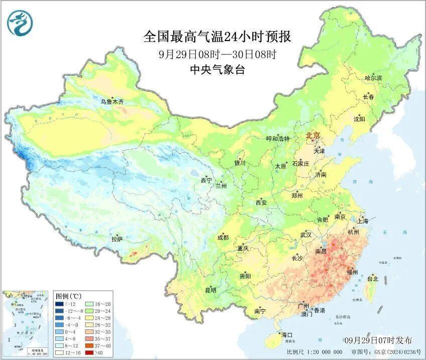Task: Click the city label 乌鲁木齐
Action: tap(111, 102)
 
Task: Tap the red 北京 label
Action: tap(313, 136)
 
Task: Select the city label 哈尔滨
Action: tap(373, 78)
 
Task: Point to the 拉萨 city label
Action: tap(117, 239)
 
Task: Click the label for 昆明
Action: tap(211, 290)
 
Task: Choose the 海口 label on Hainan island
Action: tap(287, 334)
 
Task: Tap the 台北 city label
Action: tap(373, 279)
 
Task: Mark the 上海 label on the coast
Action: tap(362, 221)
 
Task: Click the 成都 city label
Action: tap(223, 237)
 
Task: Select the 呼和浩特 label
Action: tap(277, 138)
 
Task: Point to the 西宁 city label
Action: tap(206, 180)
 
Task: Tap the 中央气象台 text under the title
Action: tap(217, 70)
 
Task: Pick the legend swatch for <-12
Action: tap(60, 304)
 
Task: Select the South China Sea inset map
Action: tap(26, 323)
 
